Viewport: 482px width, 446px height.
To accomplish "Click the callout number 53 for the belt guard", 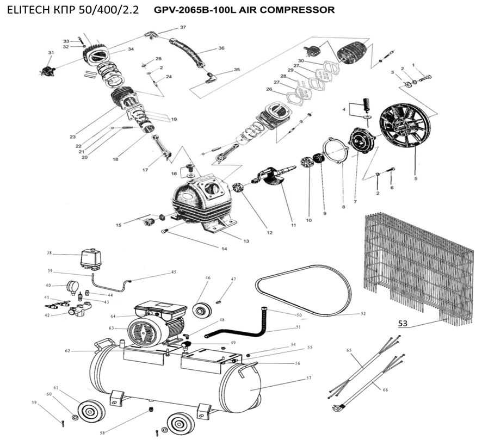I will [403, 324].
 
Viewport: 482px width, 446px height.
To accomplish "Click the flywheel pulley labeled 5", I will [404, 128].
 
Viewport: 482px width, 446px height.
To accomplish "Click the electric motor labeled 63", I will [147, 330].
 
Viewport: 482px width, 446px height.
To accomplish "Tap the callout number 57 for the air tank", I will [308, 377].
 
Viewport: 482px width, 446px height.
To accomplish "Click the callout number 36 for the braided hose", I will [221, 48].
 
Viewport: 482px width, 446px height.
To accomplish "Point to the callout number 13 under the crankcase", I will [246, 241].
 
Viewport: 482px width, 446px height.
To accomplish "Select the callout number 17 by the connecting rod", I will [145, 170].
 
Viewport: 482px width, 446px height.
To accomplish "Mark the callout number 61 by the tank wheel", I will [55, 387].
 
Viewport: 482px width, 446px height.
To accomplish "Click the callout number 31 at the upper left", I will [51, 53].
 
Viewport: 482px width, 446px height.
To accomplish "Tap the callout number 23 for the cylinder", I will [72, 137].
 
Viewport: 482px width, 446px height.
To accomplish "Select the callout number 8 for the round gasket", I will [343, 207].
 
